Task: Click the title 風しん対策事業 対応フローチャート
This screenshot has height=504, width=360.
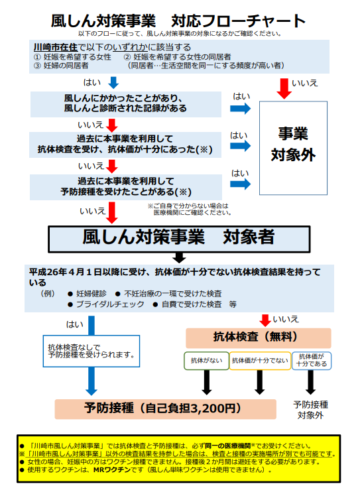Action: pyautogui.click(x=178, y=21)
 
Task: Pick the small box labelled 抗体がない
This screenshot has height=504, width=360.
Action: pyautogui.click(x=205, y=361)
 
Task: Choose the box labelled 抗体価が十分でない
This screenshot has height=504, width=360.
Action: pyautogui.click(x=259, y=361)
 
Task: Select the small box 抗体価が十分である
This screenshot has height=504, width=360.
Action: pyautogui.click(x=312, y=360)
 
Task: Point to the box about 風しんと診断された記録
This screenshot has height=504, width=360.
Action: pyautogui.click(x=126, y=103)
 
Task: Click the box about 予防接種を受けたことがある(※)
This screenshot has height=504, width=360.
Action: pyautogui.click(x=126, y=186)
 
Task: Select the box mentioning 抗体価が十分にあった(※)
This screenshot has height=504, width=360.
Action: pyautogui.click(x=126, y=144)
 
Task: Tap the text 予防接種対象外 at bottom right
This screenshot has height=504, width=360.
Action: pyautogui.click(x=310, y=409)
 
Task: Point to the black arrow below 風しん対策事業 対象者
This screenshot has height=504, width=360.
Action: pyautogui.click(x=178, y=257)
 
